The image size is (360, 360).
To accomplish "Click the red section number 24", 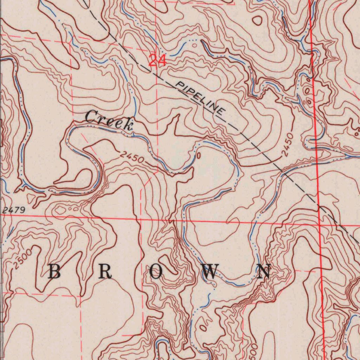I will [x=157, y=60].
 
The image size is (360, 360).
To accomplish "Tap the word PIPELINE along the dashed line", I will [x=201, y=98].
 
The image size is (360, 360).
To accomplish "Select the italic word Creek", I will [x=109, y=120].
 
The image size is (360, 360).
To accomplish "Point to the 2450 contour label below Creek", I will [x=131, y=157].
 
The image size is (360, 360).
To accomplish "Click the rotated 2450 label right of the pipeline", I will [x=288, y=144].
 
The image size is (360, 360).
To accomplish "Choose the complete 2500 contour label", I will [x=24, y=258].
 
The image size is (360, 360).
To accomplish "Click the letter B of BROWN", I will [x=54, y=271].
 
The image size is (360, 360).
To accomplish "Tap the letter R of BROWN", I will [x=105, y=271].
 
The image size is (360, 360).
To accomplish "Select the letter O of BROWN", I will [x=156, y=271].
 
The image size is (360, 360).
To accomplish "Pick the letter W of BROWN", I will [x=211, y=271].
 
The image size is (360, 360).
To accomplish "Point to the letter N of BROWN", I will [x=264, y=271].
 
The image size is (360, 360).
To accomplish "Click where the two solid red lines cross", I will [x=319, y=224].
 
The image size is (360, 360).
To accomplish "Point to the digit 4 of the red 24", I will [x=161, y=60].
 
